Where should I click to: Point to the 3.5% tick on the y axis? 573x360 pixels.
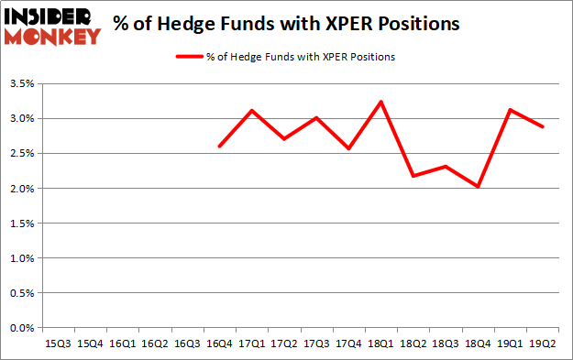click(x=23, y=84)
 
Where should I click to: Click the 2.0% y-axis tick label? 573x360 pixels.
click(x=23, y=189)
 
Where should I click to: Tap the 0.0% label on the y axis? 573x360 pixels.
click(x=23, y=328)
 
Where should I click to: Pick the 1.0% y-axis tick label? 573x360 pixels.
click(x=23, y=258)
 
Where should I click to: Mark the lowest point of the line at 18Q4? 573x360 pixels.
click(x=478, y=187)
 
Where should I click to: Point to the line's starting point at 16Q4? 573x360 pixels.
click(x=219, y=147)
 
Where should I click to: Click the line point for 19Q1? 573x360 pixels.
click(x=510, y=110)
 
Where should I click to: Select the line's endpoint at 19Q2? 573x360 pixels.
click(x=543, y=126)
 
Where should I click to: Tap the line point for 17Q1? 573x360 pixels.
click(x=251, y=110)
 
